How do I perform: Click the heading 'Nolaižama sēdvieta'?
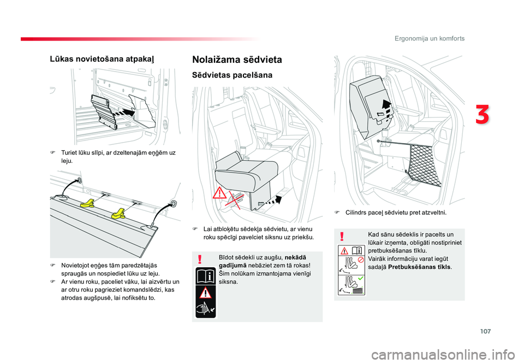click(237, 60)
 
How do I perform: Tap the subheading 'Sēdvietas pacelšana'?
click(232, 75)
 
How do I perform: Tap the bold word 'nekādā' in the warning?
click(294, 257)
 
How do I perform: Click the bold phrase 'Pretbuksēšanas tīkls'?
click(420, 267)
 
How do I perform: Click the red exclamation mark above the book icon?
click(201, 259)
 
